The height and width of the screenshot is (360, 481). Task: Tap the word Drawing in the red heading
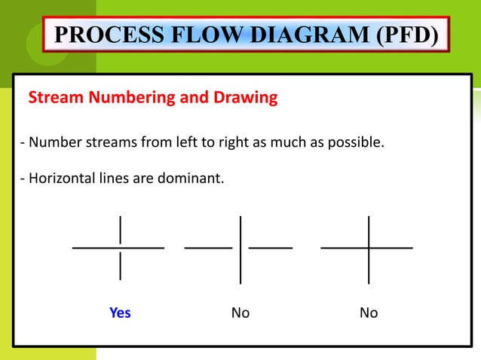pos(243,98)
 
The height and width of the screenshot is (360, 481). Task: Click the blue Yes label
pos(120,313)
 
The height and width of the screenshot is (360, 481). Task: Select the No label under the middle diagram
pos(240,313)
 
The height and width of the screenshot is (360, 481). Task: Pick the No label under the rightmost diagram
pos(369,313)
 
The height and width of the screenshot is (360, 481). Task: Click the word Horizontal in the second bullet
pos(59,180)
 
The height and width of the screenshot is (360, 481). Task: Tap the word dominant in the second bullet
pos(197,180)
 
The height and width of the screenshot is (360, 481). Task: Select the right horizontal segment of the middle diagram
pos(271,247)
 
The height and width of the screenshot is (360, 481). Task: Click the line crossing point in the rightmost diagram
pos(369,247)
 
